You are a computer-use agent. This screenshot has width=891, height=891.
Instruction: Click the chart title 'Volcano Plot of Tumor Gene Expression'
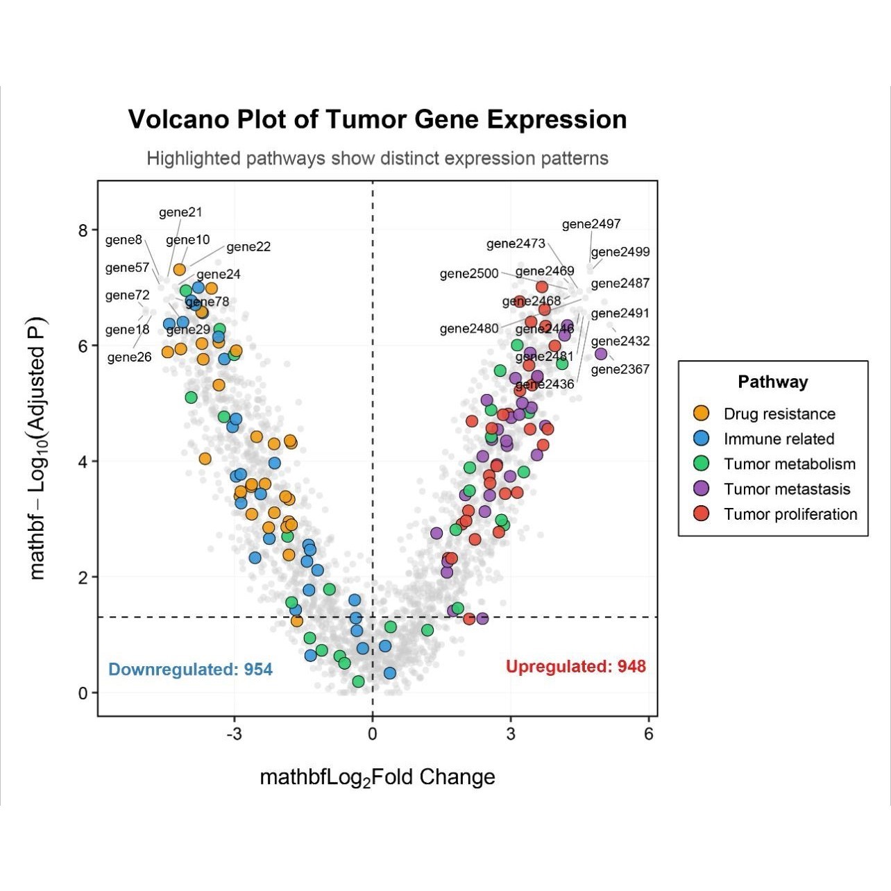pyautogui.click(x=377, y=119)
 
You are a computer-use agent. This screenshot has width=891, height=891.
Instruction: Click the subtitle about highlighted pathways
pyautogui.click(x=377, y=158)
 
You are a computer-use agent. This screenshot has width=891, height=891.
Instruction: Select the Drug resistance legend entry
pyautogui.click(x=779, y=414)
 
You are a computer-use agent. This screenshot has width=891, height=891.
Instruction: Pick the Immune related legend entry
pyautogui.click(x=778, y=439)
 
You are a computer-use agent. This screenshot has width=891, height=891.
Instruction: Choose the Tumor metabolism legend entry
pyautogui.click(x=789, y=464)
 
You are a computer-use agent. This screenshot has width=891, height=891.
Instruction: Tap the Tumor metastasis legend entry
pyautogui.click(x=786, y=489)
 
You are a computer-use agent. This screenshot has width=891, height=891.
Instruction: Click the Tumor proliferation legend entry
pyautogui.click(x=790, y=514)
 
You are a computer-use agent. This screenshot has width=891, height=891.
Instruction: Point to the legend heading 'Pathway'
pyautogui.click(x=772, y=382)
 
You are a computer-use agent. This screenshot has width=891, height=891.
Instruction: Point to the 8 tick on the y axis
pyautogui.click(x=83, y=230)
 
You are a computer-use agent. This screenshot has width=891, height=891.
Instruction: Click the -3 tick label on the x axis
pyautogui.click(x=235, y=734)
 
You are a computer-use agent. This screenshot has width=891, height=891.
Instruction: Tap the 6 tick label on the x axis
pyautogui.click(x=649, y=734)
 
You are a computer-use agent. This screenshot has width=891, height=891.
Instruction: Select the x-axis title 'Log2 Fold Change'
pyautogui.click(x=377, y=777)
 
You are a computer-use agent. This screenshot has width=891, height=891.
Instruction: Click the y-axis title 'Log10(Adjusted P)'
pyautogui.click(x=37, y=448)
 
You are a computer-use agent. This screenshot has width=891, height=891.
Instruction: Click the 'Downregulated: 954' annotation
pyautogui.click(x=191, y=670)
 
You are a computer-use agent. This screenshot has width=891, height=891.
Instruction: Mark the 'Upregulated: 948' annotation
pyautogui.click(x=575, y=667)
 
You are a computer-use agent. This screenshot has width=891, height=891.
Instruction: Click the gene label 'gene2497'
pyautogui.click(x=591, y=224)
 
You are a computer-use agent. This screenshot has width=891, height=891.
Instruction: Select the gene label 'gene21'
pyautogui.click(x=180, y=212)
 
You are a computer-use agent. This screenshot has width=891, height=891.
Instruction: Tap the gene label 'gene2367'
pyautogui.click(x=620, y=369)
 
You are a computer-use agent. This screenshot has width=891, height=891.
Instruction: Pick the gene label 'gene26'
pyautogui.click(x=130, y=357)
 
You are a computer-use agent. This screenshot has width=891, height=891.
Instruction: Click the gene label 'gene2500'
pyautogui.click(x=469, y=274)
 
